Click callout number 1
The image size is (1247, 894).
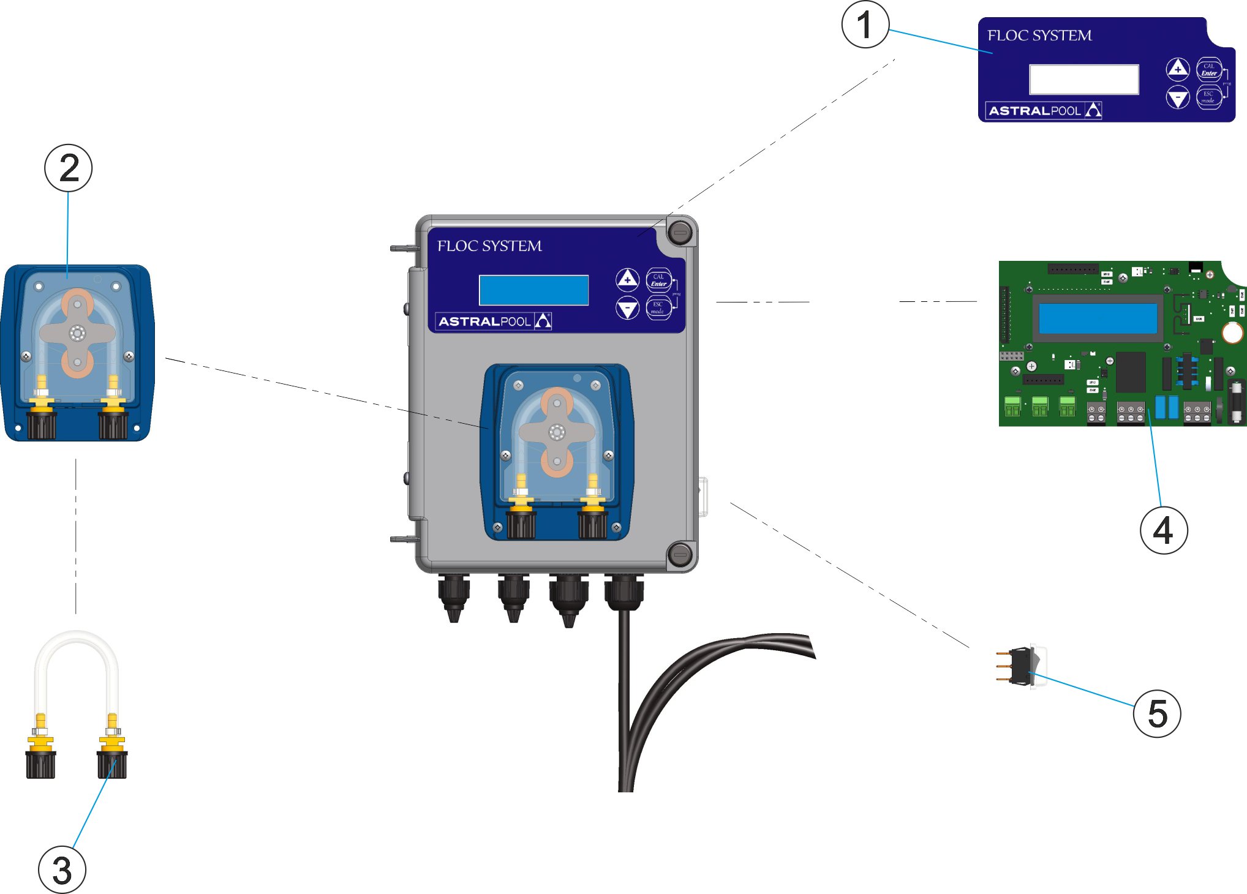tap(865, 25)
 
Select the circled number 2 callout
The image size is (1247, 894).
tap(69, 168)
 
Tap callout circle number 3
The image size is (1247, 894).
tap(62, 870)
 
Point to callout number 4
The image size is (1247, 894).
tap(1163, 530)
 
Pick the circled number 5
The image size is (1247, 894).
tap(1157, 713)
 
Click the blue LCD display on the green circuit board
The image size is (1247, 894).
tap(1098, 318)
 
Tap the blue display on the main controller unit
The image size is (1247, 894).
tap(533, 290)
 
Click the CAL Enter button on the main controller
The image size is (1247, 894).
tap(658, 280)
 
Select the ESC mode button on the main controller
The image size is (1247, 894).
tap(658, 307)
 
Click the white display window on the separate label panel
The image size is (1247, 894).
tap(1083, 80)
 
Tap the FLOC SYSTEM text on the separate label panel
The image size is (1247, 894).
tap(1039, 36)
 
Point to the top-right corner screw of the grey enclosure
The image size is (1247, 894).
tap(679, 232)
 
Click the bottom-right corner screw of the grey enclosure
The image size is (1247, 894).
tap(679, 555)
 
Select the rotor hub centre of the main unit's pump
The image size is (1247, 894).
tap(557, 432)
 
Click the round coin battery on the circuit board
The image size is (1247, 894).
tap(1232, 332)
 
